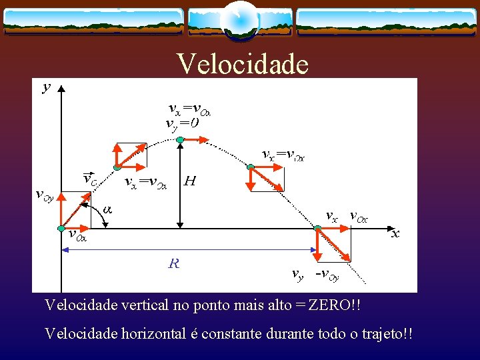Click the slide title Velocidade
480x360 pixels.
click(243, 64)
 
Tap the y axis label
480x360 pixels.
click(46, 87)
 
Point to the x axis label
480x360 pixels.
click(395, 233)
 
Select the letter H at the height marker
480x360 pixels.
click(190, 181)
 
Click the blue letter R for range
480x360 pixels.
click(174, 263)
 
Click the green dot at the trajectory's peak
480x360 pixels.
click(180, 139)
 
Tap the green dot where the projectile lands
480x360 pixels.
click(317, 229)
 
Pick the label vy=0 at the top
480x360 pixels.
click(182, 123)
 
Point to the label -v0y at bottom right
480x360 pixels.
click(327, 274)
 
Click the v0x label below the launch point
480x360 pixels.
click(78, 234)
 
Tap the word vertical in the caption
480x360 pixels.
click(142, 305)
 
